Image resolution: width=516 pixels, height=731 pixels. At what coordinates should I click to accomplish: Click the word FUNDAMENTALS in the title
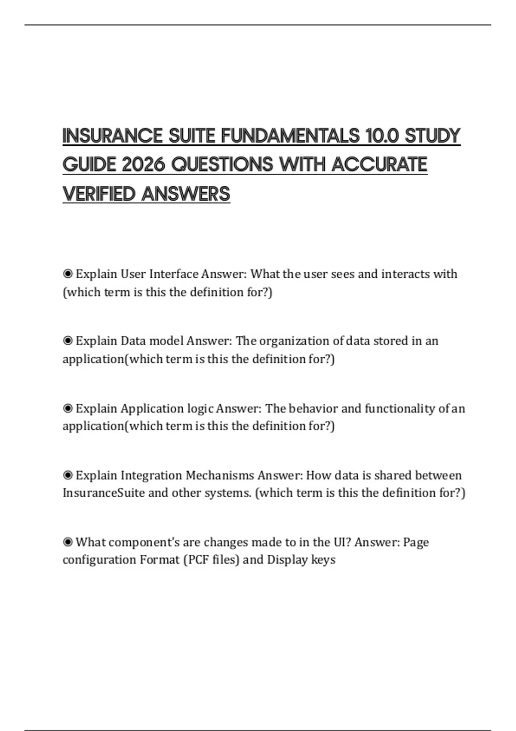(290, 136)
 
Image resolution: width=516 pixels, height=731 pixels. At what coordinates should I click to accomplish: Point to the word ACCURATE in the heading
(379, 165)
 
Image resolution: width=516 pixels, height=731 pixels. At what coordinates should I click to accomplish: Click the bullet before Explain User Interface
(68, 274)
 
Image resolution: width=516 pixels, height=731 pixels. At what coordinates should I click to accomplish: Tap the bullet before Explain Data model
(68, 341)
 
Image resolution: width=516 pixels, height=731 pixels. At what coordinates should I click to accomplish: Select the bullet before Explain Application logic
(68, 408)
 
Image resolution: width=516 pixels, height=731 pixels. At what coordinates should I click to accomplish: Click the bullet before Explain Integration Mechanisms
(68, 475)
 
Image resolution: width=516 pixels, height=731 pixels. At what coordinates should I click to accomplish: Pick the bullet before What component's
(68, 542)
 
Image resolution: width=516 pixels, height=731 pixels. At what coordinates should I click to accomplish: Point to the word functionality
(400, 408)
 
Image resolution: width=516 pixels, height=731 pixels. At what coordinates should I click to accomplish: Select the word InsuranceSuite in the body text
(104, 493)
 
